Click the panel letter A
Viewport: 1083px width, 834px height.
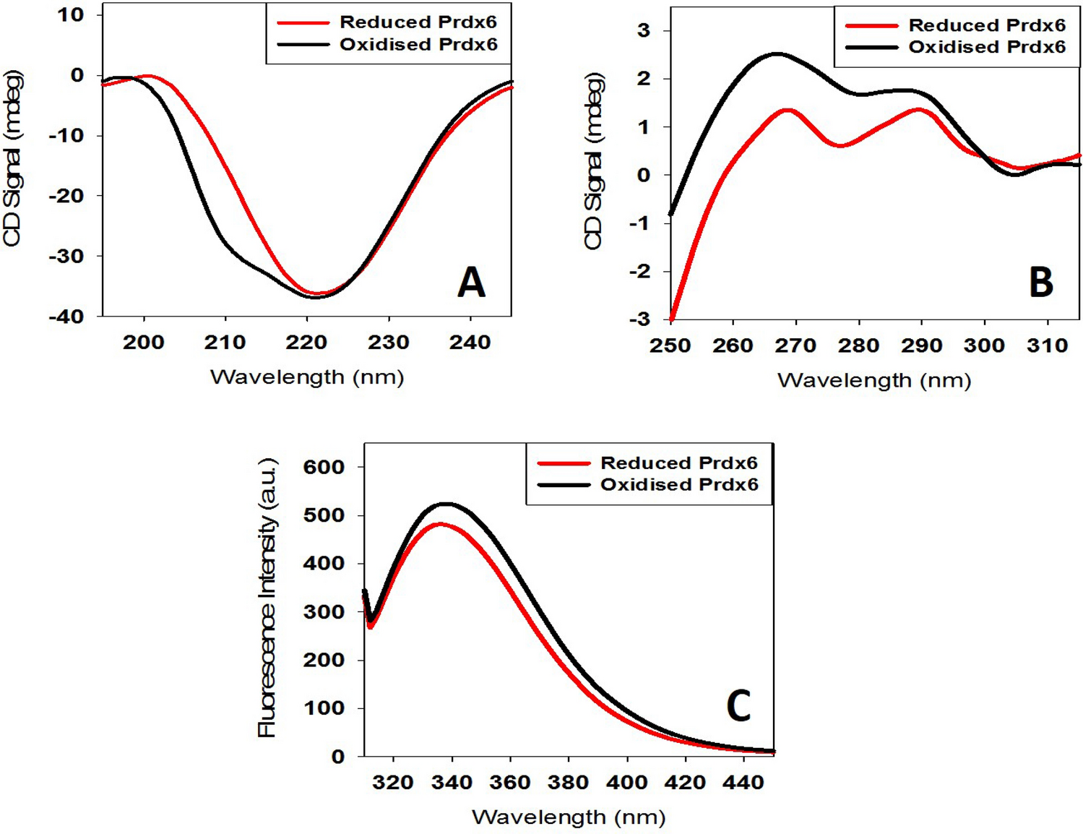point(471,282)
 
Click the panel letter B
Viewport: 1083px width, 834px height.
point(1040,282)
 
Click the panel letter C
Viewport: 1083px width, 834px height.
point(738,706)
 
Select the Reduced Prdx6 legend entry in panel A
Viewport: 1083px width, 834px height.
point(418,22)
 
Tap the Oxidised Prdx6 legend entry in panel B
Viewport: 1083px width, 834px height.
point(986,47)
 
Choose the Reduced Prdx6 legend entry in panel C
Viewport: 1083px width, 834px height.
point(678,463)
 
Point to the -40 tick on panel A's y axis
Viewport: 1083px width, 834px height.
point(66,317)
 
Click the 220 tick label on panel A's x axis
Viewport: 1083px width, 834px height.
point(306,343)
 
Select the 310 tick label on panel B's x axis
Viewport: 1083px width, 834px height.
point(1047,346)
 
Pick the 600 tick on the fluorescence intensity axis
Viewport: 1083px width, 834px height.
point(323,467)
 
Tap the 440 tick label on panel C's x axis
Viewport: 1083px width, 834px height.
point(743,782)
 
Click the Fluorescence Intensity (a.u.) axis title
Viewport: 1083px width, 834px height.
point(267,597)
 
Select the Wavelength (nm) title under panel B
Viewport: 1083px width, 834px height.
point(873,380)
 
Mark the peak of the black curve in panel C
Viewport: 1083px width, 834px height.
point(446,504)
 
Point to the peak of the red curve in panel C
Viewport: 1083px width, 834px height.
point(441,524)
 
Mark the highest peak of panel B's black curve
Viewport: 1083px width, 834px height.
point(777,53)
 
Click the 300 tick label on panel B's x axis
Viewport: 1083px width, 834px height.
point(984,346)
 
